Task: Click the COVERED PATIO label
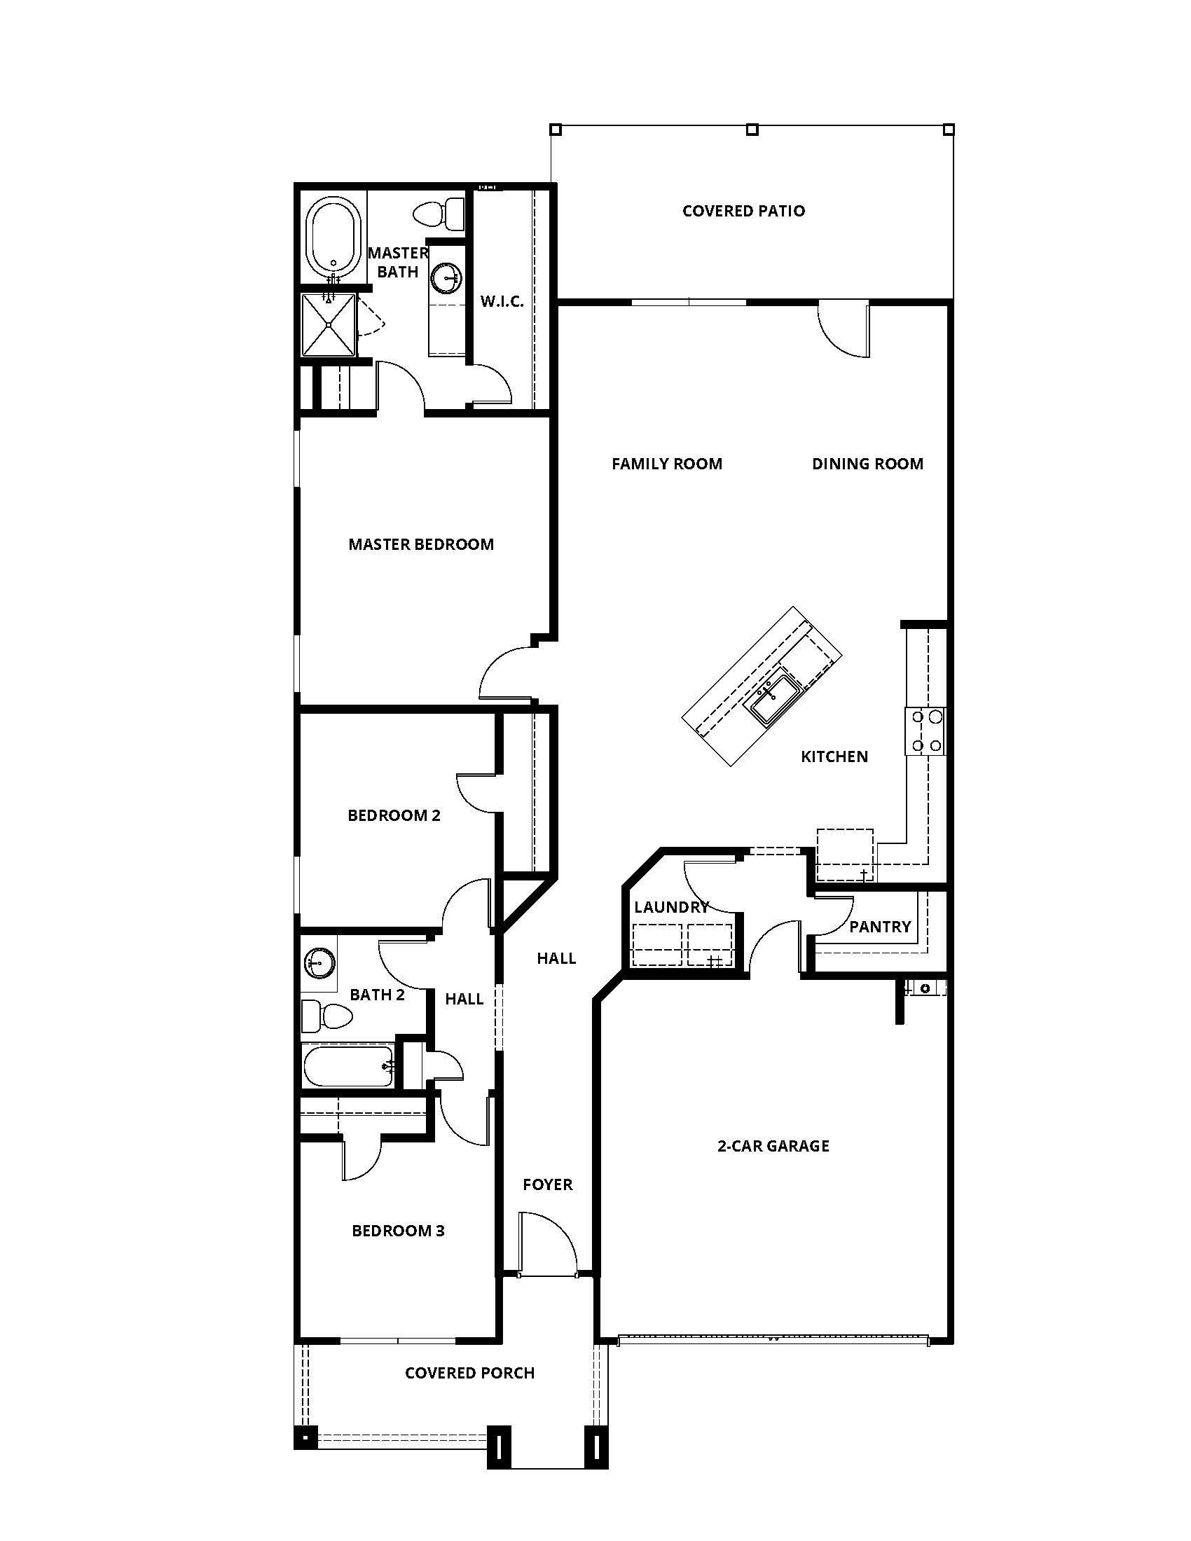[x=743, y=211]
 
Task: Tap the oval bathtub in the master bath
[x=333, y=237]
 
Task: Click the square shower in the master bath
[x=328, y=325]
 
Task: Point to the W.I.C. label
[x=502, y=302]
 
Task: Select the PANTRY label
[x=879, y=927]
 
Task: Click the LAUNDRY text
[x=670, y=907]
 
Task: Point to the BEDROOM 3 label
[x=398, y=1231]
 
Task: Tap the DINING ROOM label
[x=867, y=464]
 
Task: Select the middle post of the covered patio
[x=752, y=129]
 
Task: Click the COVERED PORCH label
[x=469, y=1373]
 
